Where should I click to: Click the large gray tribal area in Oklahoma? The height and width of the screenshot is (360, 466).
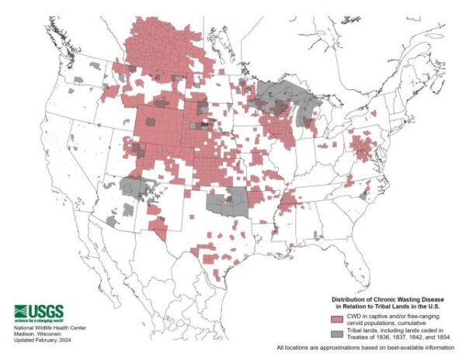point(227,206)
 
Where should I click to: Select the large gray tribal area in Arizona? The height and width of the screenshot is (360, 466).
point(135,189)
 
